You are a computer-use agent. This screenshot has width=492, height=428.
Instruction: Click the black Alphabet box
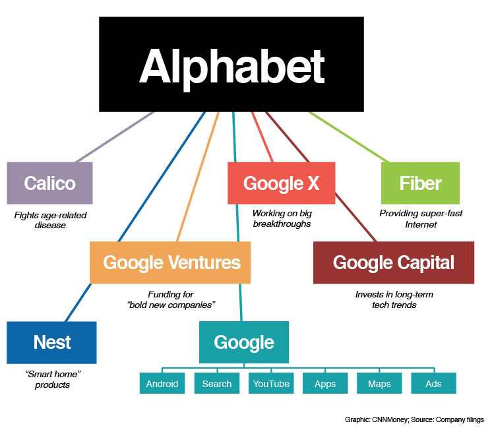[x=231, y=65]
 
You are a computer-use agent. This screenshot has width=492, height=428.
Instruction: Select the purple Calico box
[x=49, y=183]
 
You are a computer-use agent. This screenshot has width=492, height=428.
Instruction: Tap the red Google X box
[x=282, y=183]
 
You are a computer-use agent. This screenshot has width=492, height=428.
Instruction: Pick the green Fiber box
[x=421, y=183]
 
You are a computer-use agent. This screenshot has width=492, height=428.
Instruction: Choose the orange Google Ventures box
[x=170, y=262]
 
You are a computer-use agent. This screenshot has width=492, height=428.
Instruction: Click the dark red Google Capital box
[x=394, y=262]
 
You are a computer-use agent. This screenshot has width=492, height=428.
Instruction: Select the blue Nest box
[x=52, y=343]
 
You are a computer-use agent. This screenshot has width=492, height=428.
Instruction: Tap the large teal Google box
[x=244, y=342]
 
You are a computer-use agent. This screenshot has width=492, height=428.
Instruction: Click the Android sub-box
[x=162, y=383]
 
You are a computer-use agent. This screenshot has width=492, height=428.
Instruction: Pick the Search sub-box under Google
[x=217, y=383]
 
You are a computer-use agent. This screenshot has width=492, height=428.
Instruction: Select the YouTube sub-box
[x=271, y=383]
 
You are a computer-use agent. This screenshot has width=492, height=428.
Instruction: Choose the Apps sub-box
[x=325, y=383]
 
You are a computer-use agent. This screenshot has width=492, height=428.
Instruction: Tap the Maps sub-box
[x=379, y=383]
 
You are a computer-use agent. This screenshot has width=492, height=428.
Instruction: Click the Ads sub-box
[x=434, y=383]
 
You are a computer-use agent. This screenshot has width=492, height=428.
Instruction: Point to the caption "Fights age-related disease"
[x=50, y=220]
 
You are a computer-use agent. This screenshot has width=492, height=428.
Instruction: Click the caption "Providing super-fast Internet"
[x=421, y=219]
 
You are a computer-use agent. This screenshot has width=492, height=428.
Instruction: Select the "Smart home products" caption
[x=52, y=379]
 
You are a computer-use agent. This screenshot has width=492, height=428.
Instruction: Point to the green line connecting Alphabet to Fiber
[x=349, y=137]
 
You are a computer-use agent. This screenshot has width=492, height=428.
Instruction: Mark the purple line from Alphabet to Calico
[x=115, y=137]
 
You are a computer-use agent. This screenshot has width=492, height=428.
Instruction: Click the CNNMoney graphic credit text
[x=414, y=419]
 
